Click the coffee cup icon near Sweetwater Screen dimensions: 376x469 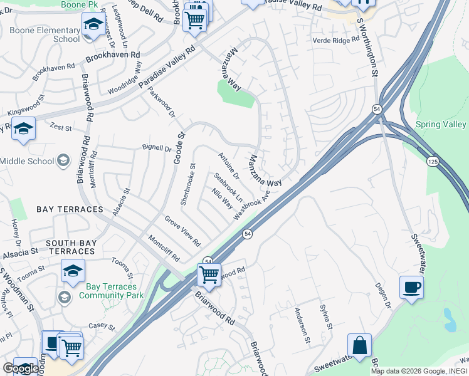point(411,288)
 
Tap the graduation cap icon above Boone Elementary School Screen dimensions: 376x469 point(93,25)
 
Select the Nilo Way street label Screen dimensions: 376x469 point(223,199)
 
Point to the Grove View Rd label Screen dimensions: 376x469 point(182,231)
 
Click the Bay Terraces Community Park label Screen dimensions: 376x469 point(111,291)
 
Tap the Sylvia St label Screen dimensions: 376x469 point(325,316)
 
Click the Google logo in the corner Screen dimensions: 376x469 point(21,368)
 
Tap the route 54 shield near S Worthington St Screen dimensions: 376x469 point(376,108)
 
